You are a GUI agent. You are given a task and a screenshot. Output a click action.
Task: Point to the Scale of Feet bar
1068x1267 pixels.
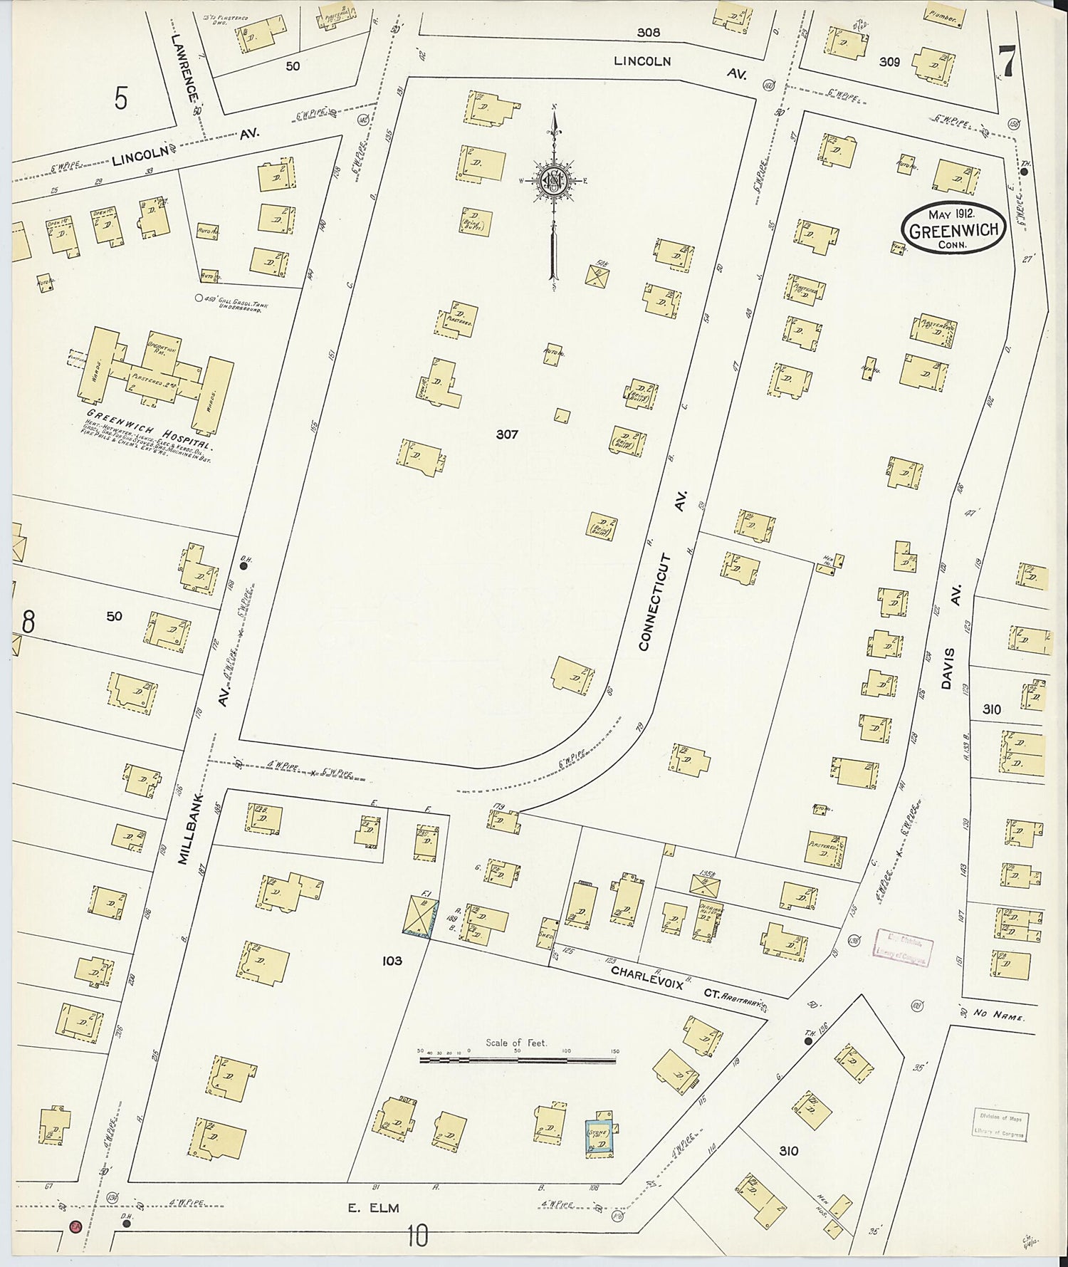(518, 1060)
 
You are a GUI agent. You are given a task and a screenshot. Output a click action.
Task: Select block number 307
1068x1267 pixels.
(507, 434)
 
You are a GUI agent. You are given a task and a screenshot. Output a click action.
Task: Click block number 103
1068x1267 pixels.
(392, 961)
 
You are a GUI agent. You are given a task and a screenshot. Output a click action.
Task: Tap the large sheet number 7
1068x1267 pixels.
(1006, 59)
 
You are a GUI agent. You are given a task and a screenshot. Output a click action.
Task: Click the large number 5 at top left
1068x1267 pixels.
(121, 99)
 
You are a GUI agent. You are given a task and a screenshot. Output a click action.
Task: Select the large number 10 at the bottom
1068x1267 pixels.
(418, 1236)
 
